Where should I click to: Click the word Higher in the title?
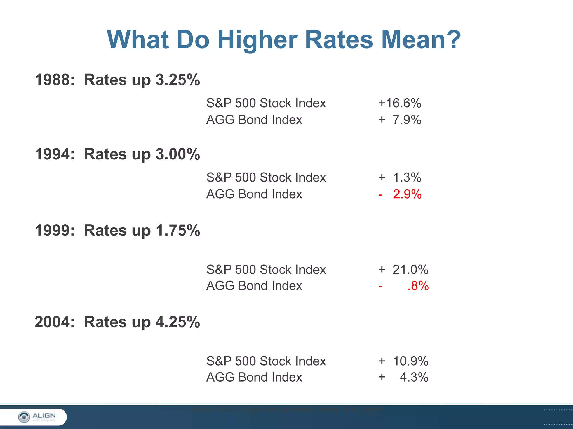[257, 40]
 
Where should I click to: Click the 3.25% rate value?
[178, 80]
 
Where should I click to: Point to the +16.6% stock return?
[400, 103]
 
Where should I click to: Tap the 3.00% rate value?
[178, 154]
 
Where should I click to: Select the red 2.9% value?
[407, 194]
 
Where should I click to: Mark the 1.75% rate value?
[178, 230]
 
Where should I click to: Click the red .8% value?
[418, 286]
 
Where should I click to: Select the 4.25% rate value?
[178, 322]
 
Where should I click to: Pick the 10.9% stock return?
[410, 361]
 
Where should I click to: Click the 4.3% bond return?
[414, 377]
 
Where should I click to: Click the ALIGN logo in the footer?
[37, 417]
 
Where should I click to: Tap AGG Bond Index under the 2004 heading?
[254, 377]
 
